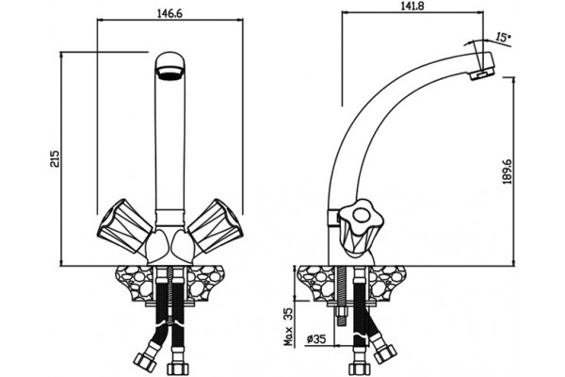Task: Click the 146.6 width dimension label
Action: (x=170, y=13)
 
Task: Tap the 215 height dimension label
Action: (x=56, y=158)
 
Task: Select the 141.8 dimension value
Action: (x=413, y=7)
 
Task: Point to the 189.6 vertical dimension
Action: (x=508, y=171)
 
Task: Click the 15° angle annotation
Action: (x=503, y=37)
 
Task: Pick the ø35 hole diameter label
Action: (x=316, y=338)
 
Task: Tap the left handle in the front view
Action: (x=124, y=225)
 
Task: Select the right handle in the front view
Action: (x=215, y=225)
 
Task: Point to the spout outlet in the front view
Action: (x=170, y=73)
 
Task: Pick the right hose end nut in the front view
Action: (x=178, y=369)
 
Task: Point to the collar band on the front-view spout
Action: (x=170, y=217)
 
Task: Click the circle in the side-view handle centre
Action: (x=360, y=216)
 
